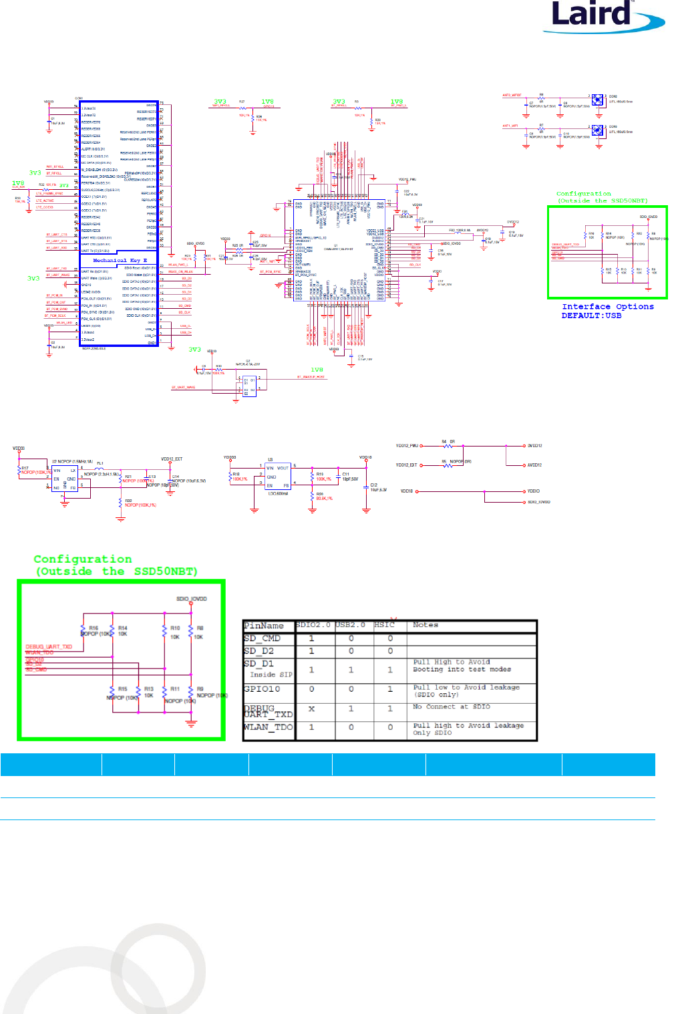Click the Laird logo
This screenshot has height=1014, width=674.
click(x=601, y=17)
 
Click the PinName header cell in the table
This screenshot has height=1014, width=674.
click(x=264, y=626)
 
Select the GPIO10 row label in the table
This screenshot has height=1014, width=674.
click(x=262, y=688)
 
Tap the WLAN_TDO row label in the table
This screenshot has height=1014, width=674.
click(x=268, y=727)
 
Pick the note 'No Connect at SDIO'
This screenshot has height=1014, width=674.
click(x=451, y=707)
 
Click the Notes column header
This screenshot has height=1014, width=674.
click(x=426, y=625)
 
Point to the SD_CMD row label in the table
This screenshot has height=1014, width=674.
click(x=262, y=638)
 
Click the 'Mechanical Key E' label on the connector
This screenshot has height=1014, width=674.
click(x=120, y=261)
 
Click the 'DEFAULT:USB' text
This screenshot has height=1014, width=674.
click(x=591, y=315)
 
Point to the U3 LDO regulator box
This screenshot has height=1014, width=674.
click(x=277, y=477)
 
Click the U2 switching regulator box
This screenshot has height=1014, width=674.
click(x=65, y=479)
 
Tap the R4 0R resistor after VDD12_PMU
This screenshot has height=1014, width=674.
click(x=448, y=445)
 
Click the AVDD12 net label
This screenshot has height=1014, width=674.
click(x=534, y=465)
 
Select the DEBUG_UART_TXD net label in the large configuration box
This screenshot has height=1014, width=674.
click(x=49, y=647)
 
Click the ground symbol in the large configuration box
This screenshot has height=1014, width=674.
click(x=192, y=723)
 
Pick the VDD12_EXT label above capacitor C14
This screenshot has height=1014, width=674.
click(x=172, y=459)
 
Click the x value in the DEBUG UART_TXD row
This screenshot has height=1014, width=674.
click(x=311, y=709)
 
